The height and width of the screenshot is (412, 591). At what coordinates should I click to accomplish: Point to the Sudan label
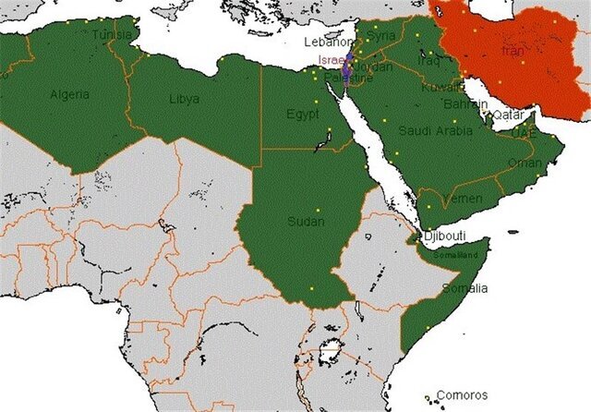point(307,222)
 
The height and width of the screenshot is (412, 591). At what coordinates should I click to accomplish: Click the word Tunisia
point(113,35)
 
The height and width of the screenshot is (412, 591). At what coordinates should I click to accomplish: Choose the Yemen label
point(463,200)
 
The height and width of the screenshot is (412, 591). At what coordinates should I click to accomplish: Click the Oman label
point(525,163)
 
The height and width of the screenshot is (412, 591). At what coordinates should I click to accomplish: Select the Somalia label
point(465,288)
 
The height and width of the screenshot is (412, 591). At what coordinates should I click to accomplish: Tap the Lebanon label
point(329,42)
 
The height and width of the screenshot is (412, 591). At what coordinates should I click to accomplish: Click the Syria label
point(380,35)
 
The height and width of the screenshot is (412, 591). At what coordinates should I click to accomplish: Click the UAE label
point(524,132)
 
